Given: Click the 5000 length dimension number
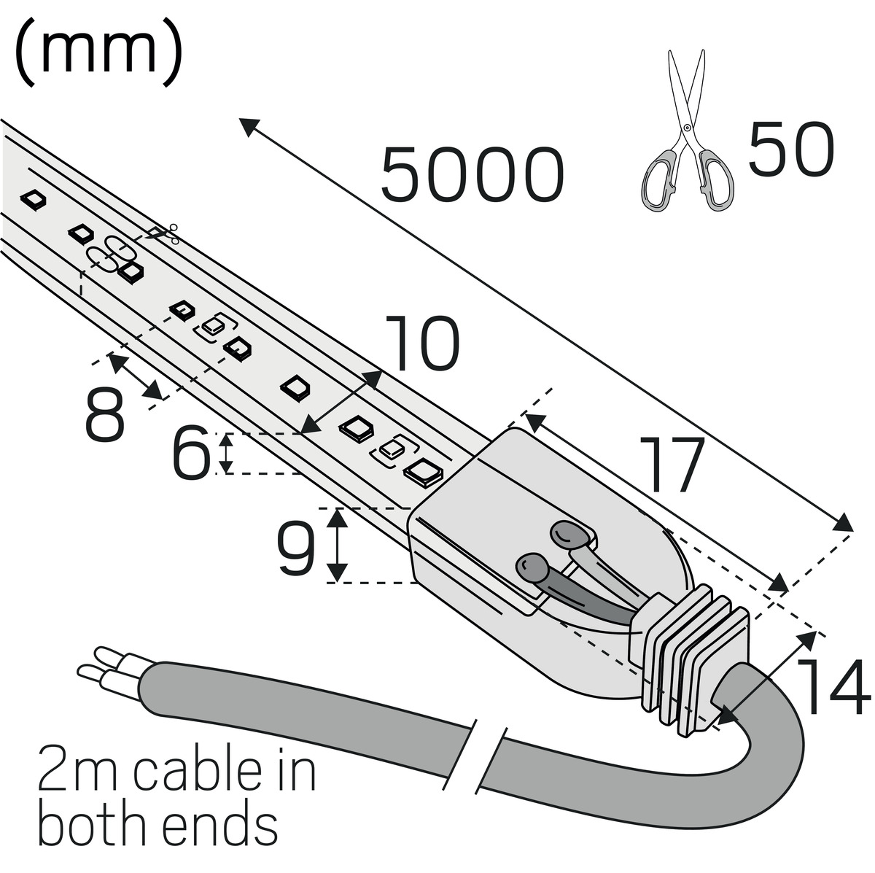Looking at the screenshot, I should pyautogui.click(x=472, y=176).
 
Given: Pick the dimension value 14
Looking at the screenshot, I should pyautogui.click(x=833, y=686).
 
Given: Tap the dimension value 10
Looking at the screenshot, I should pyautogui.click(x=421, y=343).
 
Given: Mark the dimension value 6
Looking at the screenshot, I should pyautogui.click(x=190, y=454).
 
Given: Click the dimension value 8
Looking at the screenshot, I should pyautogui.click(x=104, y=415).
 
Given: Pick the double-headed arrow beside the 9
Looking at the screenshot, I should pyautogui.click(x=336, y=545).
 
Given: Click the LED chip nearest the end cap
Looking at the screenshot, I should pyautogui.click(x=423, y=473).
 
